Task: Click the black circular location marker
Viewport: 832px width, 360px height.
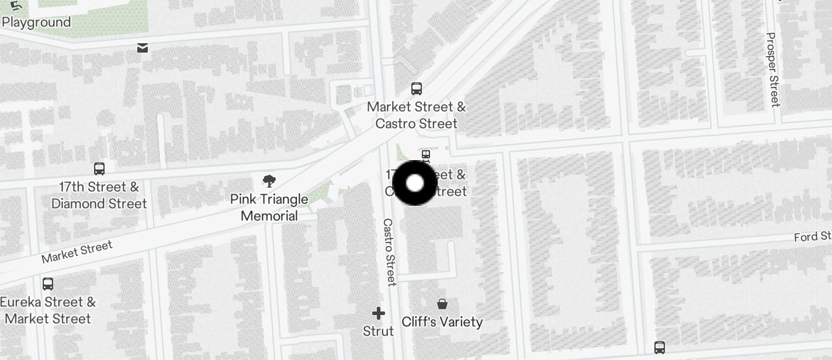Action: [415, 183]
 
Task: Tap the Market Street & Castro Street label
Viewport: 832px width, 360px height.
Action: [416, 115]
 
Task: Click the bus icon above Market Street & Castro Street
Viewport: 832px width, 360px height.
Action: [417, 89]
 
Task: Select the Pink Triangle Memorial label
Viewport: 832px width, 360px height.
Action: [269, 207]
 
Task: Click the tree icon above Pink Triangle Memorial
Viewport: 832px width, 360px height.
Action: [269, 181]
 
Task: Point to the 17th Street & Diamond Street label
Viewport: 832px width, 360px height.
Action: [99, 195]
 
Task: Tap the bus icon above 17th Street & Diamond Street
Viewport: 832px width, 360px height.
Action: [99, 169]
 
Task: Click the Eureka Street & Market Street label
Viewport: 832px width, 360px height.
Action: [48, 310]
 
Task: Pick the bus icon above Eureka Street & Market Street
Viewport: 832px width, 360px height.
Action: [48, 284]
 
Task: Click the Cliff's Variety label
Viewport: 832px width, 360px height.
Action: [442, 322]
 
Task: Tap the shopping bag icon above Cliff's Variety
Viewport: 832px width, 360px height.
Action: [442, 304]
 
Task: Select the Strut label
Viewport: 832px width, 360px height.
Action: [379, 331]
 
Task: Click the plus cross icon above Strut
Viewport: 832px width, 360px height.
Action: [379, 313]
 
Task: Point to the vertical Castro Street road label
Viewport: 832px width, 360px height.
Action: [390, 252]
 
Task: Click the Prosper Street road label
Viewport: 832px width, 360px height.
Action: [773, 70]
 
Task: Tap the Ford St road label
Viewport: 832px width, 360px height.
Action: [813, 237]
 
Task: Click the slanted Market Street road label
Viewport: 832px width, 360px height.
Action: [77, 252]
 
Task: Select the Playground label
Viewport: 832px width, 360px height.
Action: [36, 22]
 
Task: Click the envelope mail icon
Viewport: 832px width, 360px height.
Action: [143, 48]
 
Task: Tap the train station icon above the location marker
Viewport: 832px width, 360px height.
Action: [426, 155]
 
